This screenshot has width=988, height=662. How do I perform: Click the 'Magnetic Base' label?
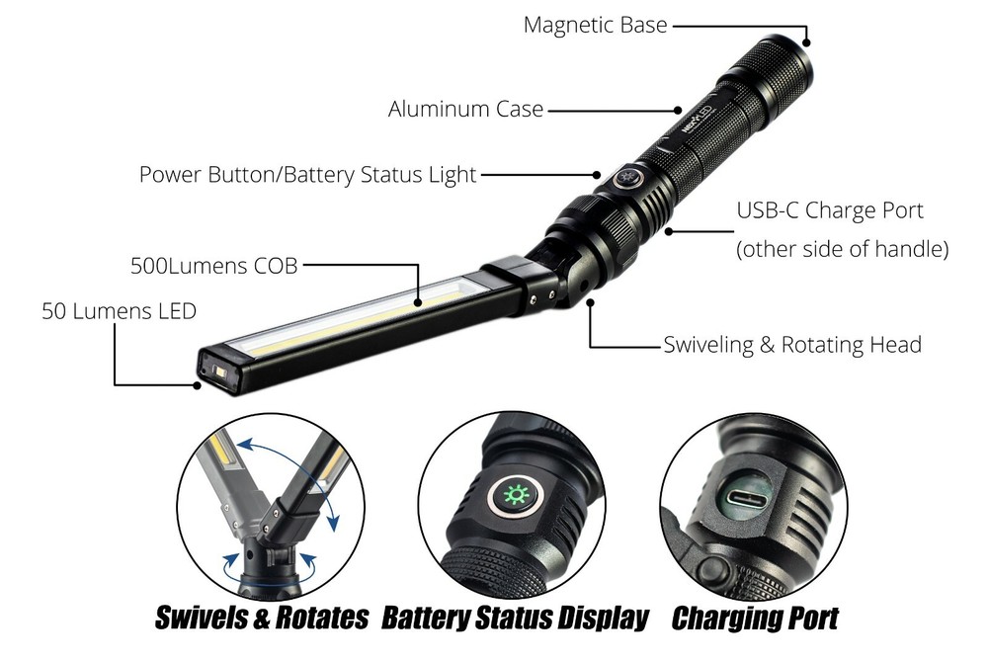595,25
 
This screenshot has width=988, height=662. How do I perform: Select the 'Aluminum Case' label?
465,109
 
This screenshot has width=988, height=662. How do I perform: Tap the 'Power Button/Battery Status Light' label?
307,175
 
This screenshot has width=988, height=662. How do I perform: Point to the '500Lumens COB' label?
213,266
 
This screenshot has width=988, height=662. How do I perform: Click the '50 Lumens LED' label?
119,311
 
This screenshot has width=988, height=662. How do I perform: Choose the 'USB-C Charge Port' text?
830,210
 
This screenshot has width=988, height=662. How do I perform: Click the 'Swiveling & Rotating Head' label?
791,345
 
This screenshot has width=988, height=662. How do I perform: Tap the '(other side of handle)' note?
842,250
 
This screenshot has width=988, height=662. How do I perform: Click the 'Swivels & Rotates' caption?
262,620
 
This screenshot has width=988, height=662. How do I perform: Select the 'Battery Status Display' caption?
515,620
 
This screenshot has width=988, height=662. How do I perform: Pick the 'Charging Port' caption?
755,620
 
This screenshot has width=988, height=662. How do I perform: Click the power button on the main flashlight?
624,177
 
